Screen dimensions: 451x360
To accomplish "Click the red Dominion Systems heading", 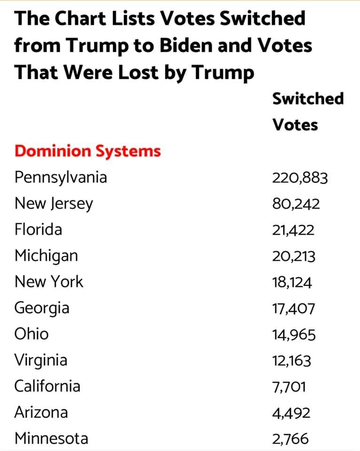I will click(87, 151).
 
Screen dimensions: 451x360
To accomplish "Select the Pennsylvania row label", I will click(61, 178).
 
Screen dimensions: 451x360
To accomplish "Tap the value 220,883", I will click(300, 178).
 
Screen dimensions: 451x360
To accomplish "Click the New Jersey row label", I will click(54, 204).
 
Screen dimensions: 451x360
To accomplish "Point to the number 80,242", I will click(296, 204).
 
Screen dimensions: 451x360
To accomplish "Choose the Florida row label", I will click(38, 230).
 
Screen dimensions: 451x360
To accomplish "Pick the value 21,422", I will click(293, 230).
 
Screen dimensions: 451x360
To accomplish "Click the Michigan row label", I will click(46, 256).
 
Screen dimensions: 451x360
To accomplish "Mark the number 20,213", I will click(294, 257).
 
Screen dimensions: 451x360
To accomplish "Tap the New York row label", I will click(48, 282).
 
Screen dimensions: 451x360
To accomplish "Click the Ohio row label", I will click(31, 334).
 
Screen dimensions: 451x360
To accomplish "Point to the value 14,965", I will click(294, 335).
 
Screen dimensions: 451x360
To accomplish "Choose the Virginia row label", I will click(40, 360).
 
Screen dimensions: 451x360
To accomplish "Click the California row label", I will click(47, 386).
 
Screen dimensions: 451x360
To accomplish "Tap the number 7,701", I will click(289, 387).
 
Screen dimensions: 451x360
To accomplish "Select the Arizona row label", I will click(41, 412).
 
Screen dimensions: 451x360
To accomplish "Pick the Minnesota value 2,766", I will click(290, 439).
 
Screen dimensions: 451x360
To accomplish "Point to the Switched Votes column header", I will click(308, 112).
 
